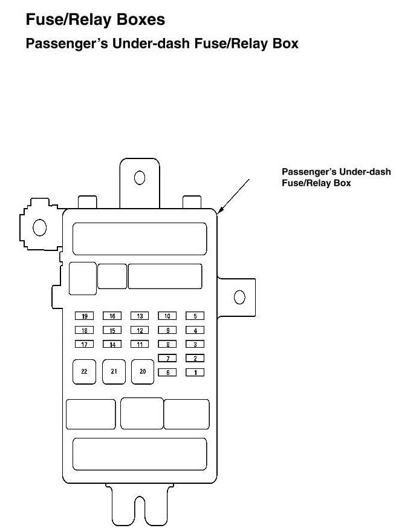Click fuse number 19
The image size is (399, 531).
pyautogui.click(x=84, y=316)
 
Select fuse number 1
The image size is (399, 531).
pyautogui.click(x=195, y=373)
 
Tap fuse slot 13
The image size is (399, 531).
pyautogui.click(x=140, y=316)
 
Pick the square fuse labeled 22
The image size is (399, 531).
pyautogui.click(x=84, y=372)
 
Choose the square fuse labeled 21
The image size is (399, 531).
pyautogui.click(x=114, y=372)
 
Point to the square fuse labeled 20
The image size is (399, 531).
pyautogui.click(x=143, y=372)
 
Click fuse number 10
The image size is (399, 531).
pyautogui.click(x=167, y=316)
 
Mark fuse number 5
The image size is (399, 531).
pyautogui.click(x=195, y=316)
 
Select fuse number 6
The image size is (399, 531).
pyautogui.click(x=167, y=373)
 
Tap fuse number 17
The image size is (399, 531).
pyautogui.click(x=84, y=344)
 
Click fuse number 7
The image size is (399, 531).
pyautogui.click(x=167, y=359)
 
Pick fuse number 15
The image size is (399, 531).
pyautogui.click(x=112, y=330)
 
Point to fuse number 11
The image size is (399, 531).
pyautogui.click(x=140, y=344)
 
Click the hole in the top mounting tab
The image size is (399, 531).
pyautogui.click(x=139, y=177)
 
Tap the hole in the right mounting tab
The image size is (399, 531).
pyautogui.click(x=239, y=298)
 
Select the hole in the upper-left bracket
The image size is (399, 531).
pyautogui.click(x=40, y=227)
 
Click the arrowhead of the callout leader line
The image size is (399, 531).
pyautogui.click(x=219, y=211)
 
